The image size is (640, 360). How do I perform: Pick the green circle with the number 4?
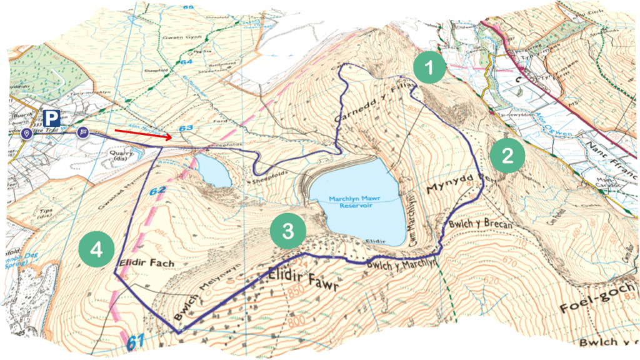96,249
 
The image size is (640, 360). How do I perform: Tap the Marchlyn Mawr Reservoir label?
354,202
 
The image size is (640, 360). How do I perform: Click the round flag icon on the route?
83,132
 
